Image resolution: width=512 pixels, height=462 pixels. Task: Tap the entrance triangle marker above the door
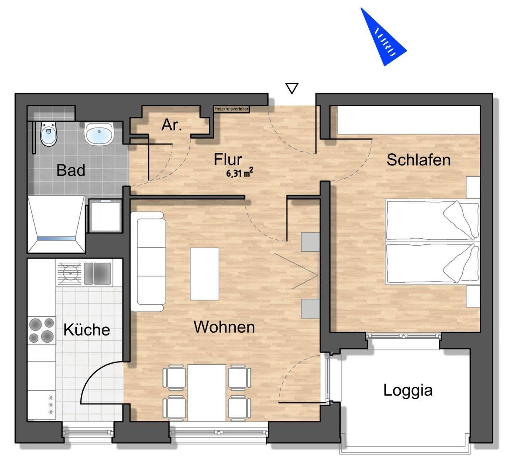(292, 88)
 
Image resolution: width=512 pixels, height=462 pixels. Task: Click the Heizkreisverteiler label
(231, 109)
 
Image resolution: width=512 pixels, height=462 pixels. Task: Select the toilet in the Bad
(48, 134)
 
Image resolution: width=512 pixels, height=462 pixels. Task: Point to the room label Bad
(71, 170)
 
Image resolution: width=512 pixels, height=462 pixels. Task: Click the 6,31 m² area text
(239, 173)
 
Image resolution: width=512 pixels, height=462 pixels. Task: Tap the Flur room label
(228, 159)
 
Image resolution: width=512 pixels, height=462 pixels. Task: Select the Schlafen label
(418, 160)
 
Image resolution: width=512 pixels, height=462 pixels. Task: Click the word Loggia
(408, 390)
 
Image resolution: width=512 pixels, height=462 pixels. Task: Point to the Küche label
(87, 330)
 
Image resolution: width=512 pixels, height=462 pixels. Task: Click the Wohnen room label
(224, 327)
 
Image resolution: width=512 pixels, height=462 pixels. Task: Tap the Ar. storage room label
(172, 125)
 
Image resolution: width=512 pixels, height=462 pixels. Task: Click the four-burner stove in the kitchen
(42, 330)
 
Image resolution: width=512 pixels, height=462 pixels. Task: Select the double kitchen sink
(97, 273)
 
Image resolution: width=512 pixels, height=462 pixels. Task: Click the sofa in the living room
(148, 262)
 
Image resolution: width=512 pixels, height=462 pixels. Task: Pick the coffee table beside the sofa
(204, 274)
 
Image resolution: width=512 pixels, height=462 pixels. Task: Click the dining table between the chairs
(207, 392)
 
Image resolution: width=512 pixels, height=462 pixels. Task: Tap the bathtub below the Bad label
(56, 224)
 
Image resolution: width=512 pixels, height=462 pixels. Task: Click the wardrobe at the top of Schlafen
(408, 120)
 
